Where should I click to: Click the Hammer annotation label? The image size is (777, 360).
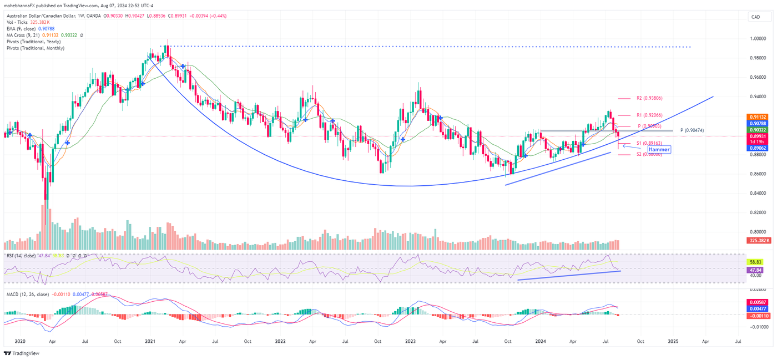point(659,149)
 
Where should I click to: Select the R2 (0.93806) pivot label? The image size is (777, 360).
point(650,98)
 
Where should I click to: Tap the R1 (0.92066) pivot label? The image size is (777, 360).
point(650,115)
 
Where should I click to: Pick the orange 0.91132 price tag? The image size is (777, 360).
point(758,117)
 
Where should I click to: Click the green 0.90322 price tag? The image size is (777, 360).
point(758,129)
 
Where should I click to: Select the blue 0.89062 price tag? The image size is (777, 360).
point(758,149)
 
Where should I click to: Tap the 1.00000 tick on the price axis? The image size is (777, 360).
point(756,39)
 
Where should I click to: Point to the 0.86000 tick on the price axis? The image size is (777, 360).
point(756,174)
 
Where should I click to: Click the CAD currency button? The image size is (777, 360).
point(755,17)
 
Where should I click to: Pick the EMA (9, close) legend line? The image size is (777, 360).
point(31,28)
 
